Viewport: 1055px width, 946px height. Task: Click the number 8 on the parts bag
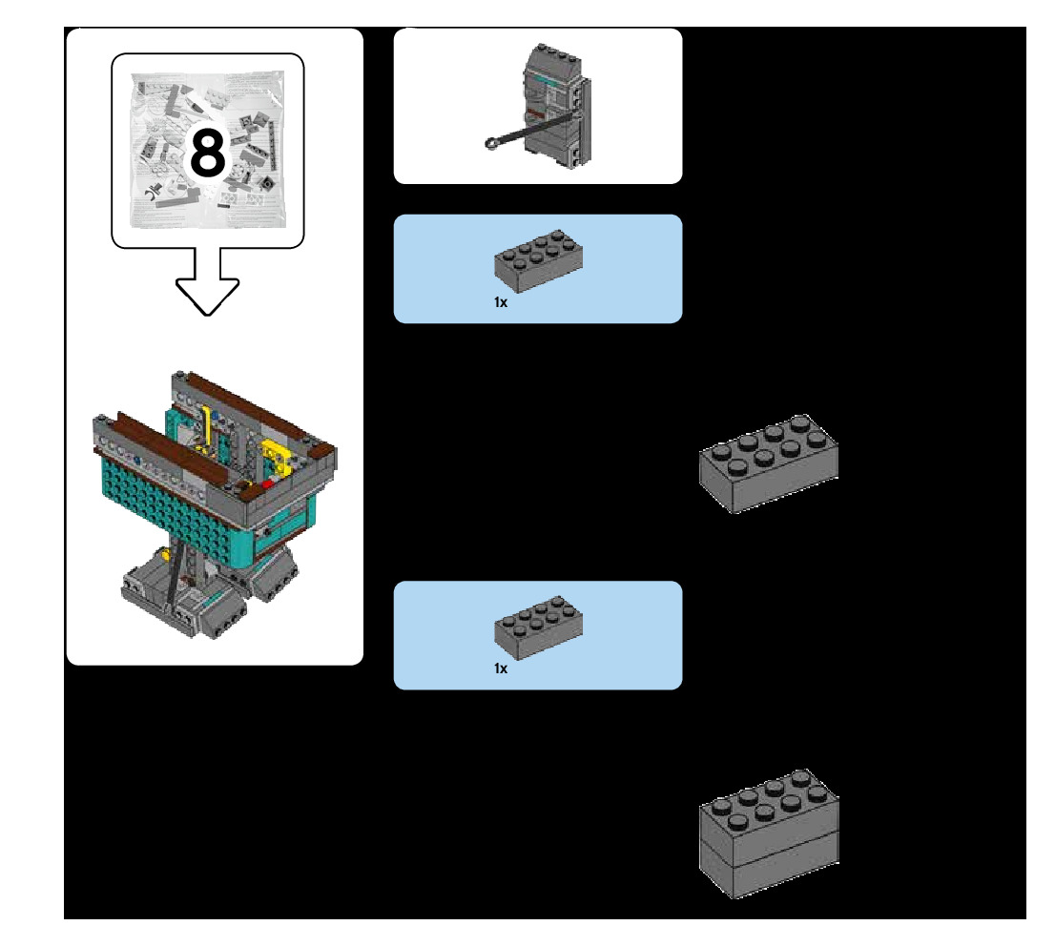207,153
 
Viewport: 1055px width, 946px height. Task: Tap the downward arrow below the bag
207,281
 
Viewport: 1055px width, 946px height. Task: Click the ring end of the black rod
492,143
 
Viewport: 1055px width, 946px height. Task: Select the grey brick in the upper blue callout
538,260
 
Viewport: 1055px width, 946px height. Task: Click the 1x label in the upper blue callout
501,302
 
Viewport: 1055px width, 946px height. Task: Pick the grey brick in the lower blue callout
538,627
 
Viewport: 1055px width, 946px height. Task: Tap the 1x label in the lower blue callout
501,668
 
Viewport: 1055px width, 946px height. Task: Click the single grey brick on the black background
769,463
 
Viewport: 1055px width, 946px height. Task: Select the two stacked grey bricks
769,833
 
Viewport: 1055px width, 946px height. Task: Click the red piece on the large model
267,483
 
